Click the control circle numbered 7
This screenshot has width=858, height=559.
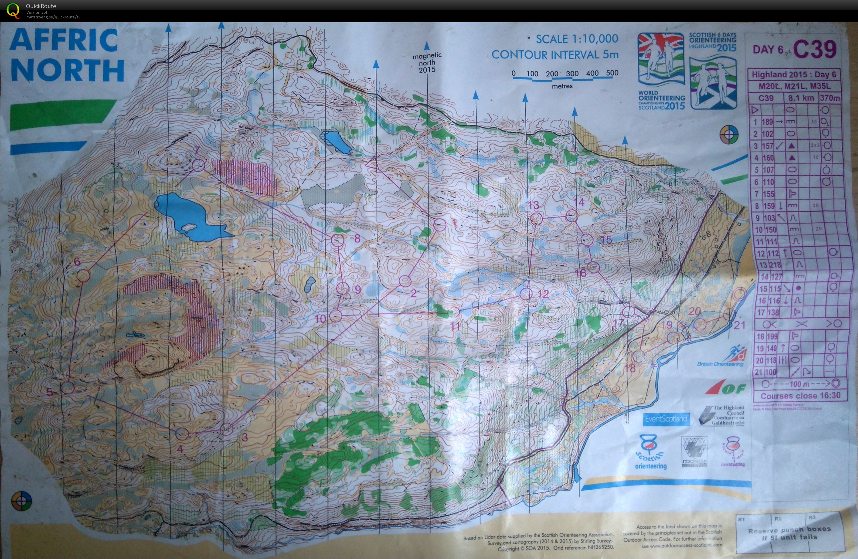(x=198, y=166)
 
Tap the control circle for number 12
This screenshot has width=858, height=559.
(x=526, y=293)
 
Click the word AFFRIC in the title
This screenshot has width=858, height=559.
(x=63, y=40)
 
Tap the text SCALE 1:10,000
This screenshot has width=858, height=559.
(x=577, y=39)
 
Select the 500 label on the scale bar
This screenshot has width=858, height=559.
(x=612, y=73)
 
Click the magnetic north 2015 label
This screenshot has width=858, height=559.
(x=427, y=62)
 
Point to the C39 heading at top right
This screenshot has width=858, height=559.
(x=814, y=49)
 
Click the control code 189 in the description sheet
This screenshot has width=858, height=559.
(x=767, y=122)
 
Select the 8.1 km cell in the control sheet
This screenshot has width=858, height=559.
(x=801, y=98)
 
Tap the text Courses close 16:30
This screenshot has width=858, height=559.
(x=800, y=396)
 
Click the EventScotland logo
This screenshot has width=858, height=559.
(x=666, y=419)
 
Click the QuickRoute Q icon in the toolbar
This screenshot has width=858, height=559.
(x=13, y=10)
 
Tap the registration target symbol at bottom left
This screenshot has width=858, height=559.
(x=22, y=501)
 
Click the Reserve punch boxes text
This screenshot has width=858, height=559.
(x=789, y=533)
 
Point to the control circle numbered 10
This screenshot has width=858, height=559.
(x=336, y=315)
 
